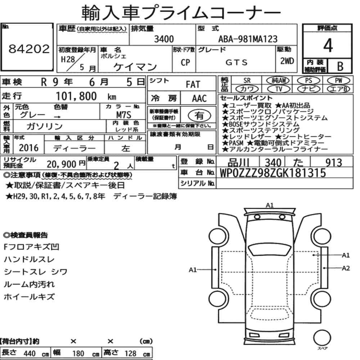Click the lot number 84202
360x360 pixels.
(x=29, y=49)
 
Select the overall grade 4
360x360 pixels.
(x=328, y=45)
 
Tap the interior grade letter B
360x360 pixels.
(x=340, y=66)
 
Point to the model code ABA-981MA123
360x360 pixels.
(x=248, y=39)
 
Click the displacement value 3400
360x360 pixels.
(x=164, y=39)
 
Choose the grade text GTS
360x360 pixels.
(x=237, y=62)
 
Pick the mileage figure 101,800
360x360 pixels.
(x=76, y=96)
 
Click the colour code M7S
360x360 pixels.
(x=123, y=114)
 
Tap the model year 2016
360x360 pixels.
(x=29, y=148)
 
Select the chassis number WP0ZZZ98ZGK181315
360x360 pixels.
(x=273, y=173)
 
